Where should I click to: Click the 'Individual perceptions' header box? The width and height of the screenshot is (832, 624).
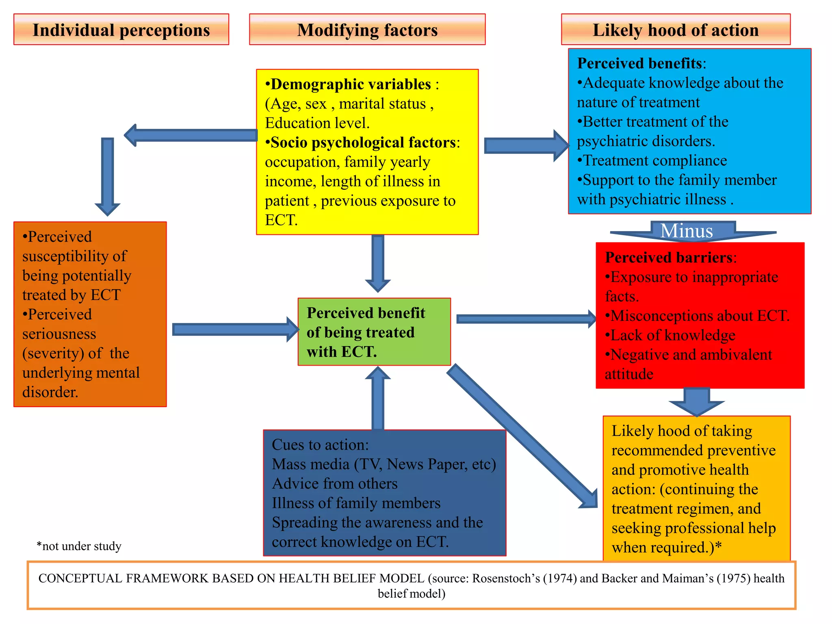point(121,30)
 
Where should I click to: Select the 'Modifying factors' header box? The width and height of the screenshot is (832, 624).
point(367,30)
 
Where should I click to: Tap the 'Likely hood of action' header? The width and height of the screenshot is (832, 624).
point(675,30)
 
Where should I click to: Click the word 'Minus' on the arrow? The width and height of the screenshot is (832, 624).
point(687,231)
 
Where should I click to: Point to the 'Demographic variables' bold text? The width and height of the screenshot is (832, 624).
point(350,84)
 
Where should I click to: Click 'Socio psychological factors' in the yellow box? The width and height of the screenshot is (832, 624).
point(363,143)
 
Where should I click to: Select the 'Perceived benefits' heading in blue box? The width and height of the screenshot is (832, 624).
point(641,63)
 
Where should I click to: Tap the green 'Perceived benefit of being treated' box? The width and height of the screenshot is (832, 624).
point(374,332)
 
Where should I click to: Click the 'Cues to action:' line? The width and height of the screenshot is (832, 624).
point(320,445)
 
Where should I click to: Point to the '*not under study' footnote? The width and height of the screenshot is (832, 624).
point(79,546)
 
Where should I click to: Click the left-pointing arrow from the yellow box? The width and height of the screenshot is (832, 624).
point(191,135)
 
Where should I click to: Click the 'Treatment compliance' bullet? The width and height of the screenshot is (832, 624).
point(652,161)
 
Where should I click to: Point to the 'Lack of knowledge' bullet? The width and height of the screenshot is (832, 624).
point(670,336)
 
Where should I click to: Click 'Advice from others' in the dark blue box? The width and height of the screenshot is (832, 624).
point(335,484)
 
